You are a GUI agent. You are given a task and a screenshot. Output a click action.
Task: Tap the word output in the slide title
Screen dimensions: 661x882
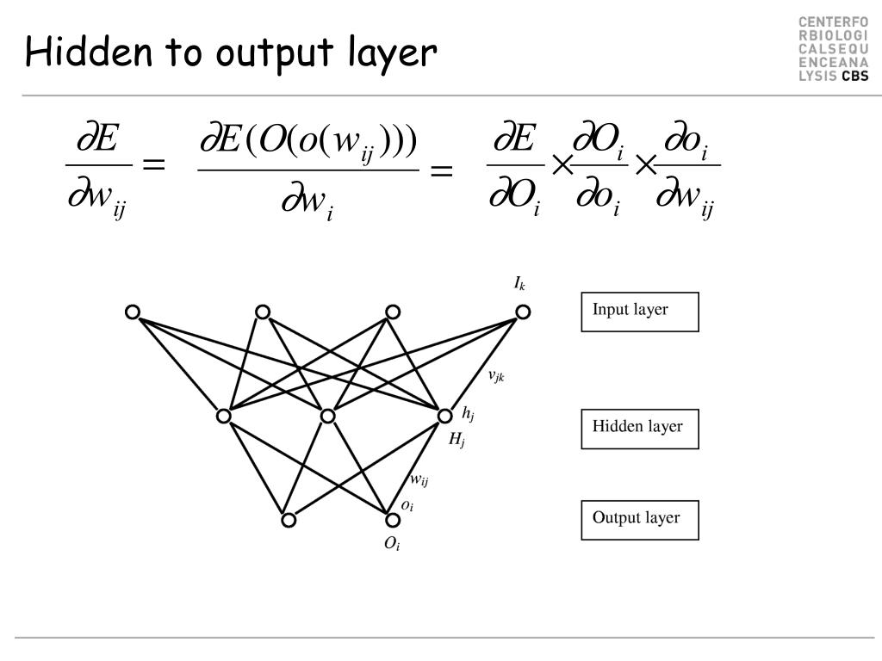tap(273, 55)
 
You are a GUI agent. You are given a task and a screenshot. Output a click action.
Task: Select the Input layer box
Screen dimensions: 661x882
tap(639, 312)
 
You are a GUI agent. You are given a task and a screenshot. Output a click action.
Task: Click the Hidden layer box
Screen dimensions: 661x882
tap(639, 429)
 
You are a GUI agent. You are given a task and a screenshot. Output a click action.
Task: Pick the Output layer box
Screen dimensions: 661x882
tap(639, 520)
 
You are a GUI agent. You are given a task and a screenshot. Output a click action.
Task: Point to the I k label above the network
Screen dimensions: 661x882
tap(519, 284)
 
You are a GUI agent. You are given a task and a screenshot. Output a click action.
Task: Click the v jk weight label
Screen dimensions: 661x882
tap(496, 375)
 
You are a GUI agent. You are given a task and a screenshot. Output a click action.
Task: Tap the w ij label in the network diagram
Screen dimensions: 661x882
tap(419, 480)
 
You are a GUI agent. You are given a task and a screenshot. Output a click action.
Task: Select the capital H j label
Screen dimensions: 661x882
tap(457, 440)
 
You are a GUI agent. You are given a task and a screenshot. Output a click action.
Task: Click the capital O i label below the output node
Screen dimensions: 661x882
tap(392, 544)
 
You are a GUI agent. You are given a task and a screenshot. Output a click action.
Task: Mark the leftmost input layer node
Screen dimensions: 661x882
tap(133, 312)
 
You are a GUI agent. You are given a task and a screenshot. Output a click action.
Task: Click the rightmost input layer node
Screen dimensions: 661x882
tap(523, 312)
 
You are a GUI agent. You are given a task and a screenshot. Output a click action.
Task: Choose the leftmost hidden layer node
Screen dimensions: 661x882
tap(224, 417)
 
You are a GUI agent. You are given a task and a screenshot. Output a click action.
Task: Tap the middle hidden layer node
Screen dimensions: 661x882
tap(327, 417)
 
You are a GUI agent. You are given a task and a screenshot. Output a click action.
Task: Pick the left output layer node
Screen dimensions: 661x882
tap(289, 520)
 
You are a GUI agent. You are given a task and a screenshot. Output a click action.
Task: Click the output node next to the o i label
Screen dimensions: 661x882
tap(393, 520)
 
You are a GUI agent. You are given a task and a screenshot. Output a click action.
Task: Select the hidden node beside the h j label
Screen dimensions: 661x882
tap(444, 417)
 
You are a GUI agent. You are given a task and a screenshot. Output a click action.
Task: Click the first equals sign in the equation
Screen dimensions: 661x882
tap(152, 166)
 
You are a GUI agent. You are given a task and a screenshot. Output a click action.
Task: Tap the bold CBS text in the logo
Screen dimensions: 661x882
tap(855, 76)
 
